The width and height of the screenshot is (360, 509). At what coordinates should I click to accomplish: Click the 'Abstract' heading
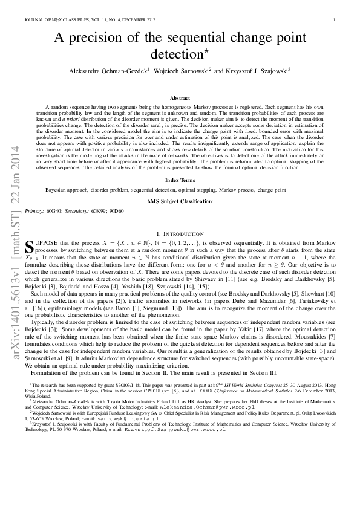click(180, 97)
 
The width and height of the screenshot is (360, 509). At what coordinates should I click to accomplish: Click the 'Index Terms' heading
click(180, 180)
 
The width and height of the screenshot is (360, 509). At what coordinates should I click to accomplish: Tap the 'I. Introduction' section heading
click(180, 233)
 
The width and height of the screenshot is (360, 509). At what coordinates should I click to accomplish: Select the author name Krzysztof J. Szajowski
click(258, 71)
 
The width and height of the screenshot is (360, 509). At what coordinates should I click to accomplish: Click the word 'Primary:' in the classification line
click(35, 211)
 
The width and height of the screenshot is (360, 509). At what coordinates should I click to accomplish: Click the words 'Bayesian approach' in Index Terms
click(66, 190)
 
